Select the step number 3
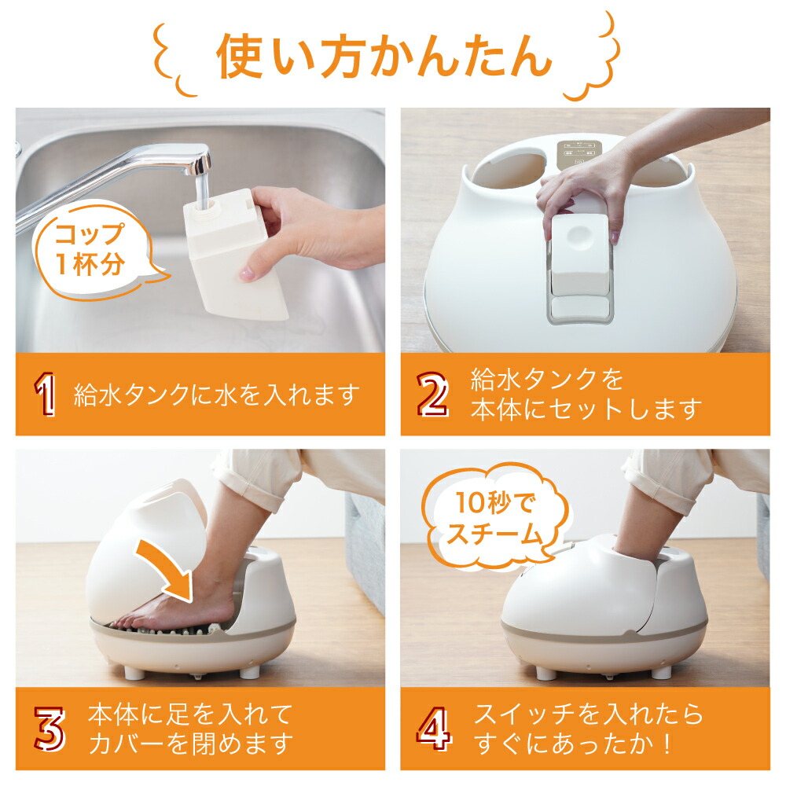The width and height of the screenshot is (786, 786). pyautogui.click(x=49, y=729)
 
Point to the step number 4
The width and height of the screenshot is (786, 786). pyautogui.click(x=434, y=729)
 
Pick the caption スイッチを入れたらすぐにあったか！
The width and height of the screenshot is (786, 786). pyautogui.click(x=588, y=728)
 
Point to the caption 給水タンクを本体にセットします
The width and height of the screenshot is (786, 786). pyautogui.click(x=585, y=394)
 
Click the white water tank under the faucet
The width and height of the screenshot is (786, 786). pyautogui.click(x=232, y=255)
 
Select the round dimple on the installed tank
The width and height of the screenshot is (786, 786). pyautogui.click(x=580, y=233)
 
